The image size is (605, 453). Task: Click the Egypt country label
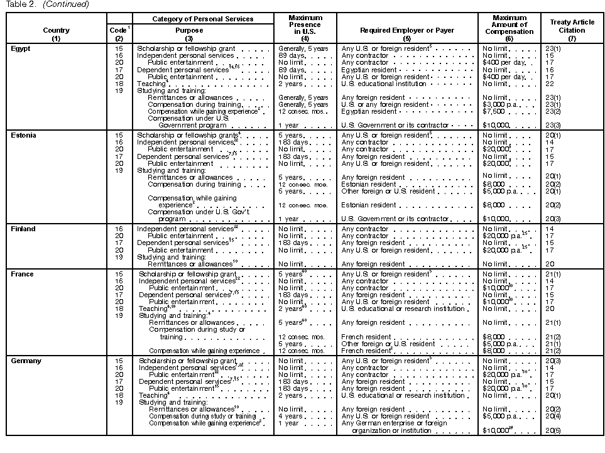pyautogui.click(x=20, y=48)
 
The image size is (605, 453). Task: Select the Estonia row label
pyautogui.click(x=23, y=135)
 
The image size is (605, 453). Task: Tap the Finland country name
pyautogui.click(x=23, y=229)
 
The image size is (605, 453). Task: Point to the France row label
pyautogui.click(x=22, y=274)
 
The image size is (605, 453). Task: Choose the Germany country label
pyautogui.click(x=26, y=361)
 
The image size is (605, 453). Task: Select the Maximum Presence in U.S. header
pyautogui.click(x=305, y=25)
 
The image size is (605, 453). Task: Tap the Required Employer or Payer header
pyautogui.click(x=407, y=30)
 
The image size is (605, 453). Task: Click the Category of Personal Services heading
pyautogui.click(x=203, y=19)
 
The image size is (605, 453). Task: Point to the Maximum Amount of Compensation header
pyautogui.click(x=510, y=25)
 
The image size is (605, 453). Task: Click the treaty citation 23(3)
pyautogui.click(x=553, y=126)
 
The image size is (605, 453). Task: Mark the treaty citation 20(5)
pyautogui.click(x=553, y=430)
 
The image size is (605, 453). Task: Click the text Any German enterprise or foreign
pyautogui.click(x=394, y=423)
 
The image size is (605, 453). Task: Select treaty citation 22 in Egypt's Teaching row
pyautogui.click(x=549, y=84)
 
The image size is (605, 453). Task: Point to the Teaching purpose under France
pyautogui.click(x=153, y=308)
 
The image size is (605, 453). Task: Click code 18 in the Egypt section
pyautogui.click(x=119, y=84)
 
